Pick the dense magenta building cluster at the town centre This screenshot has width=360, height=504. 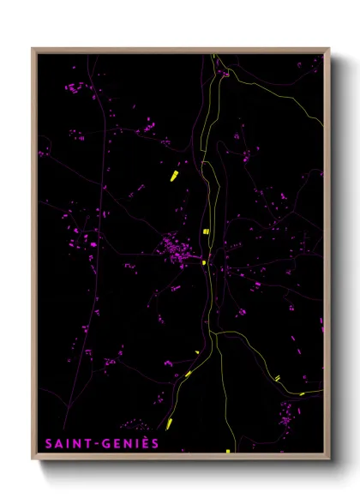point(178,252)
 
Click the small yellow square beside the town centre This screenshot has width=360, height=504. point(203,263)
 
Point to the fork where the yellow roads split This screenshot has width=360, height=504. point(216,333)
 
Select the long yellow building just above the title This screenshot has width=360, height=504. point(171,423)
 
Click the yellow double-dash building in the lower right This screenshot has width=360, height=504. point(277,378)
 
